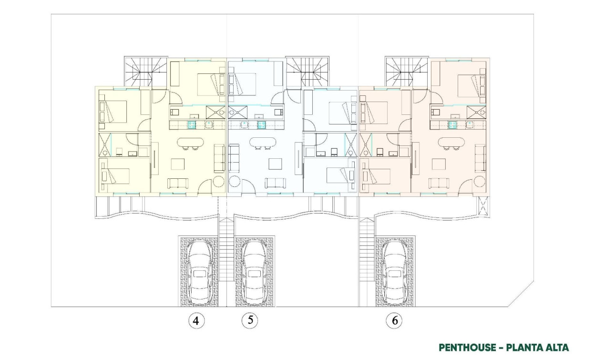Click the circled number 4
(195, 321)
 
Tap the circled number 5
(250, 320)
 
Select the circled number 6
(394, 321)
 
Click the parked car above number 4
(199, 271)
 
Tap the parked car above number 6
(395, 271)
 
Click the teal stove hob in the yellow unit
(191, 125)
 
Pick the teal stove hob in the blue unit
(262, 125)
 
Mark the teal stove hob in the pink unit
(452, 125)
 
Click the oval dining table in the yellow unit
(190, 142)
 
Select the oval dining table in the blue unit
(262, 142)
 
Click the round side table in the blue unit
(235, 182)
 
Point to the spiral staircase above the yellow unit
(138, 72)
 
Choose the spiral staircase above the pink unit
(399, 72)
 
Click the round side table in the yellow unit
(219, 182)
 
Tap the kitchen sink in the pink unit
(470, 125)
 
